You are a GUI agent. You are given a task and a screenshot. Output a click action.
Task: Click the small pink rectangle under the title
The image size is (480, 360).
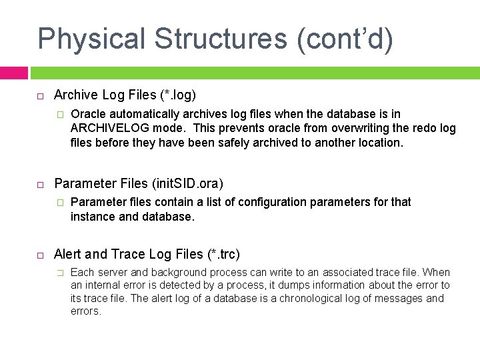pos(13,73)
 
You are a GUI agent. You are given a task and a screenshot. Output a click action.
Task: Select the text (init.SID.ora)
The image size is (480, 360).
pos(187,183)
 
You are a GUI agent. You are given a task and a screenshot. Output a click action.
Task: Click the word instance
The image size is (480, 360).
pos(93,216)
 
